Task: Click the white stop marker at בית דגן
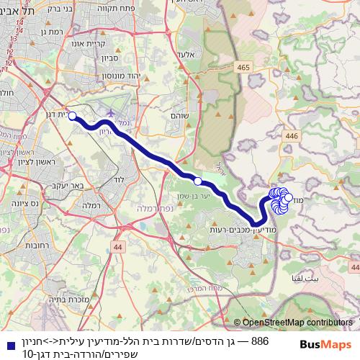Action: coord(72,116)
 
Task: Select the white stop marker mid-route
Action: coord(198,181)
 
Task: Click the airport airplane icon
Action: coord(112,114)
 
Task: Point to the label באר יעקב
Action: coord(66,186)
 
